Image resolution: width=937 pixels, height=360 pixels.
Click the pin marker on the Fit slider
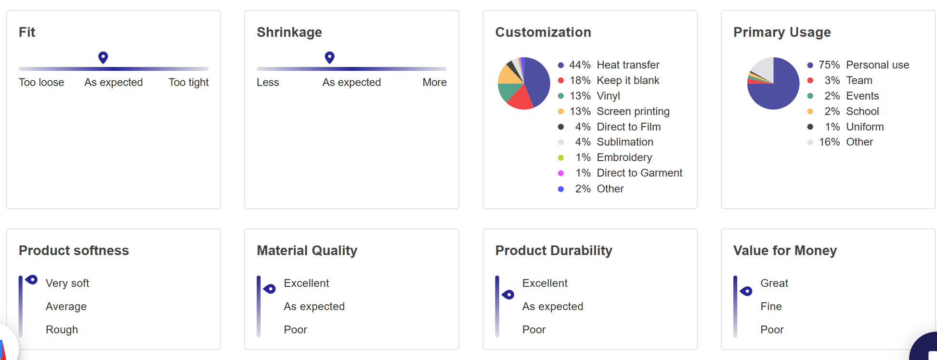tap(103, 57)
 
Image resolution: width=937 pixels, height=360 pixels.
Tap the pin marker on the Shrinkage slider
tap(329, 57)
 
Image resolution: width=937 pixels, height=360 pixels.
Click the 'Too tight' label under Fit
tap(188, 82)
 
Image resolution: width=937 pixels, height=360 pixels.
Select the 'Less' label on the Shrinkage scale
tap(268, 82)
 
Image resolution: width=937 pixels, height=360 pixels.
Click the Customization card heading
tap(543, 32)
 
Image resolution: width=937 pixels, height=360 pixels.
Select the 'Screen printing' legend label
tap(633, 111)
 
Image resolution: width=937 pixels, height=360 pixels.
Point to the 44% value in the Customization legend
tap(580, 65)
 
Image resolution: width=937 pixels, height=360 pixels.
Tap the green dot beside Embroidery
tap(561, 157)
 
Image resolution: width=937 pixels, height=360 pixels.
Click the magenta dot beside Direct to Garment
tap(561, 173)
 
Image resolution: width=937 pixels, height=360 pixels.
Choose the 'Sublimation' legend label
tap(625, 142)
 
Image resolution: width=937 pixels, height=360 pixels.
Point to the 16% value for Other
tap(829, 142)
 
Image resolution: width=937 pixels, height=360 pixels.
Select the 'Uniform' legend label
tap(865, 127)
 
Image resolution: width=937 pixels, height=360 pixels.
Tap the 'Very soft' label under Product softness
tap(67, 283)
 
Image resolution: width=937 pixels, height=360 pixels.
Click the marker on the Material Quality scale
tap(270, 289)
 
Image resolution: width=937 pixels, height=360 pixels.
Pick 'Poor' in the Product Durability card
tap(534, 330)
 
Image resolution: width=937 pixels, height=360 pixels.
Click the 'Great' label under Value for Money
tap(774, 283)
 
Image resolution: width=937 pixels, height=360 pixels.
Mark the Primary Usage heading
tap(781, 32)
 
